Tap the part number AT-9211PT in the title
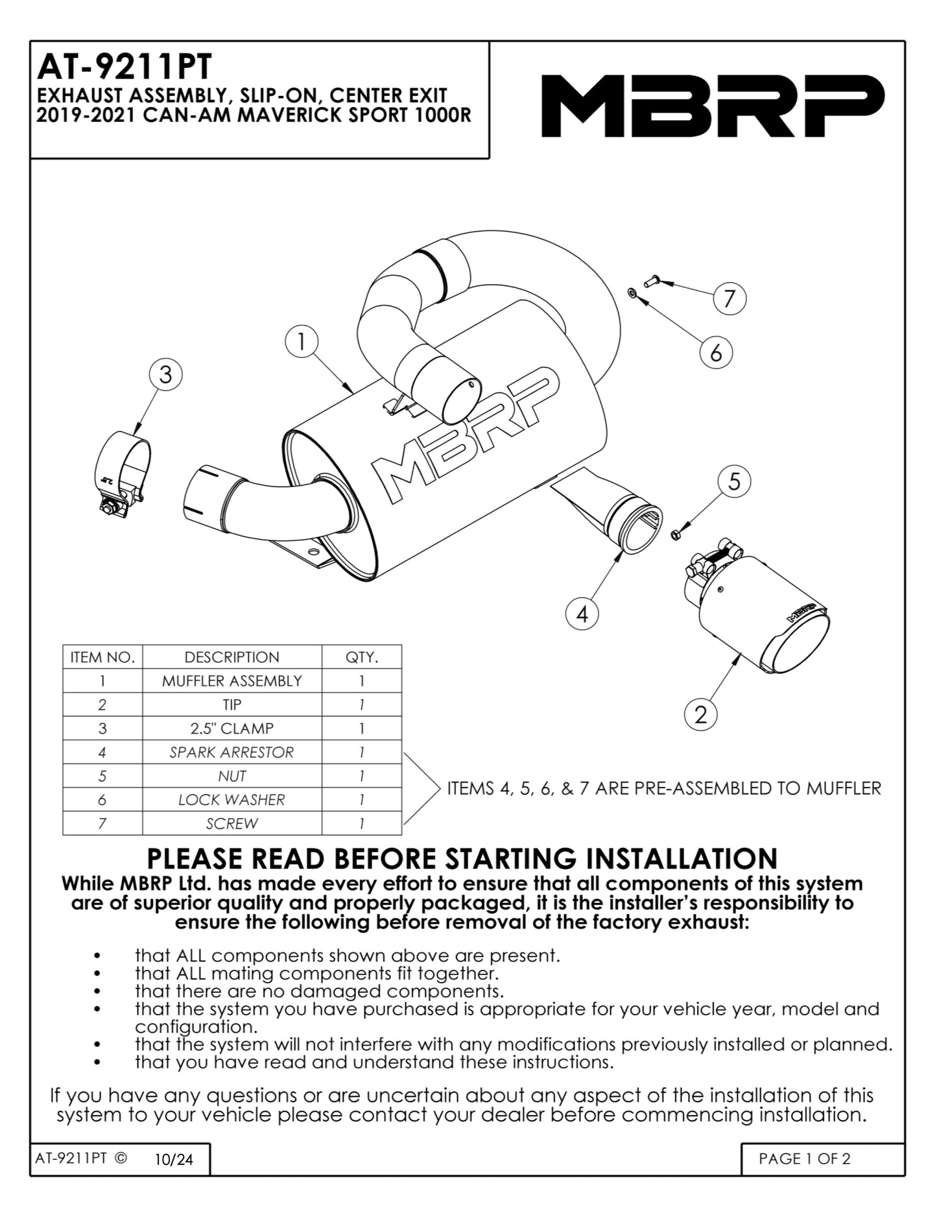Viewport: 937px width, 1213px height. click(125, 66)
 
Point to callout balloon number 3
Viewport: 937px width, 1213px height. click(165, 375)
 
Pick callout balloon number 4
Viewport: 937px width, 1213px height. click(582, 613)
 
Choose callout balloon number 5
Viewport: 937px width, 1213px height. click(734, 481)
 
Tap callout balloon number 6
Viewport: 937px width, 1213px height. click(716, 352)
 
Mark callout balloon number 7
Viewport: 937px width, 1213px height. click(729, 298)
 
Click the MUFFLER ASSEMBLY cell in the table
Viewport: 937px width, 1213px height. click(231, 681)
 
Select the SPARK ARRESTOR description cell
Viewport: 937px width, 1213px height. click(231, 752)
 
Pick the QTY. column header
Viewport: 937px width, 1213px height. click(361, 657)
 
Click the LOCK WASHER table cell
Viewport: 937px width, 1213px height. click(231, 800)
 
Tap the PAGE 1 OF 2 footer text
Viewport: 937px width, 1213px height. click(804, 1159)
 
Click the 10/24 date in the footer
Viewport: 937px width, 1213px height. click(174, 1160)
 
